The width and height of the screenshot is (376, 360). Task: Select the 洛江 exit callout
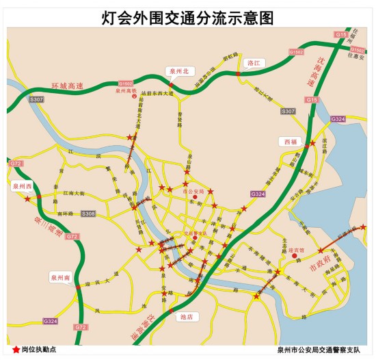click(x=255, y=62)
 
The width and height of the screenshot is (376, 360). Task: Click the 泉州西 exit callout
click(x=23, y=185)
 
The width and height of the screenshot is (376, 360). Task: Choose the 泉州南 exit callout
click(x=60, y=278)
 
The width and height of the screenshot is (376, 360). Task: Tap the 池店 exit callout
click(x=185, y=316)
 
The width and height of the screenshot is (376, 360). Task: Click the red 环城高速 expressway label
click(x=67, y=87)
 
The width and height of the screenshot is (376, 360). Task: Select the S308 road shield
click(x=88, y=214)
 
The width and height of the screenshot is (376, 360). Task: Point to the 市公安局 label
click(x=195, y=192)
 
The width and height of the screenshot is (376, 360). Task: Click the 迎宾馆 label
click(x=293, y=251)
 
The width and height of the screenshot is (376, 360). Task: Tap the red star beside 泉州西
click(x=27, y=200)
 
